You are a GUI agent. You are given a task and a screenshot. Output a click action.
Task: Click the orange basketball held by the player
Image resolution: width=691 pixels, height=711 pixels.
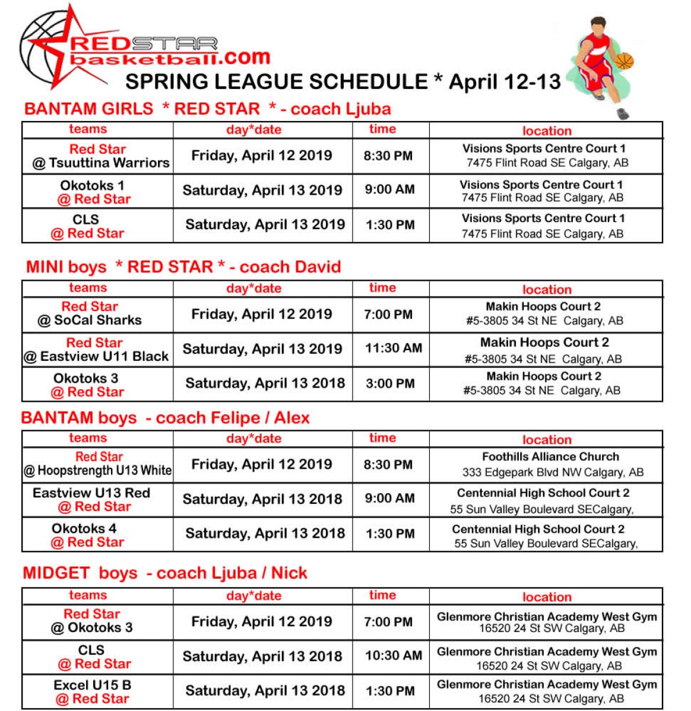pyautogui.click(x=624, y=61)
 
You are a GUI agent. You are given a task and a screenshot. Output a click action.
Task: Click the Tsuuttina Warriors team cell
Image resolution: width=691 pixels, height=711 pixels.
pyautogui.click(x=98, y=156)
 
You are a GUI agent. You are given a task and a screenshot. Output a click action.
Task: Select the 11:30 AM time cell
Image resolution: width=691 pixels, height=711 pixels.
pyautogui.click(x=394, y=348)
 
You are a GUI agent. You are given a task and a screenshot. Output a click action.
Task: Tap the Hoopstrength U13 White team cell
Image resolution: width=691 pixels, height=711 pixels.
pyautogui.click(x=99, y=464)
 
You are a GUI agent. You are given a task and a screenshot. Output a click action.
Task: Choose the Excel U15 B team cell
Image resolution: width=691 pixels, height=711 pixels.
pyautogui.click(x=93, y=691)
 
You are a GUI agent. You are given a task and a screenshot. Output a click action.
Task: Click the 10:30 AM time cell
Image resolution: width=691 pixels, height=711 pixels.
pyautogui.click(x=394, y=655)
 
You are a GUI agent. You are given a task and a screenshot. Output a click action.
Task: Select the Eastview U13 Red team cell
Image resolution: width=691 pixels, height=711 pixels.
pyautogui.click(x=92, y=500)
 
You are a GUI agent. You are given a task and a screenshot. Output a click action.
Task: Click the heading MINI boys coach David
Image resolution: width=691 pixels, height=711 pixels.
pyautogui.click(x=183, y=266)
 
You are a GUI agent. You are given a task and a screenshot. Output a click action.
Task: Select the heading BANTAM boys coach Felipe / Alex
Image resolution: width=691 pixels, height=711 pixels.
pyautogui.click(x=166, y=418)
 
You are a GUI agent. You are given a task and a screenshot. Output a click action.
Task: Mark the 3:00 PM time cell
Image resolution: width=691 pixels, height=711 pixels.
pyautogui.click(x=390, y=383)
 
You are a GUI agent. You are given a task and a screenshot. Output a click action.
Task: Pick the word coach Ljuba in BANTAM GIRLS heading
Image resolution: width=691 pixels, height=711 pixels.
pyautogui.click(x=341, y=109)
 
